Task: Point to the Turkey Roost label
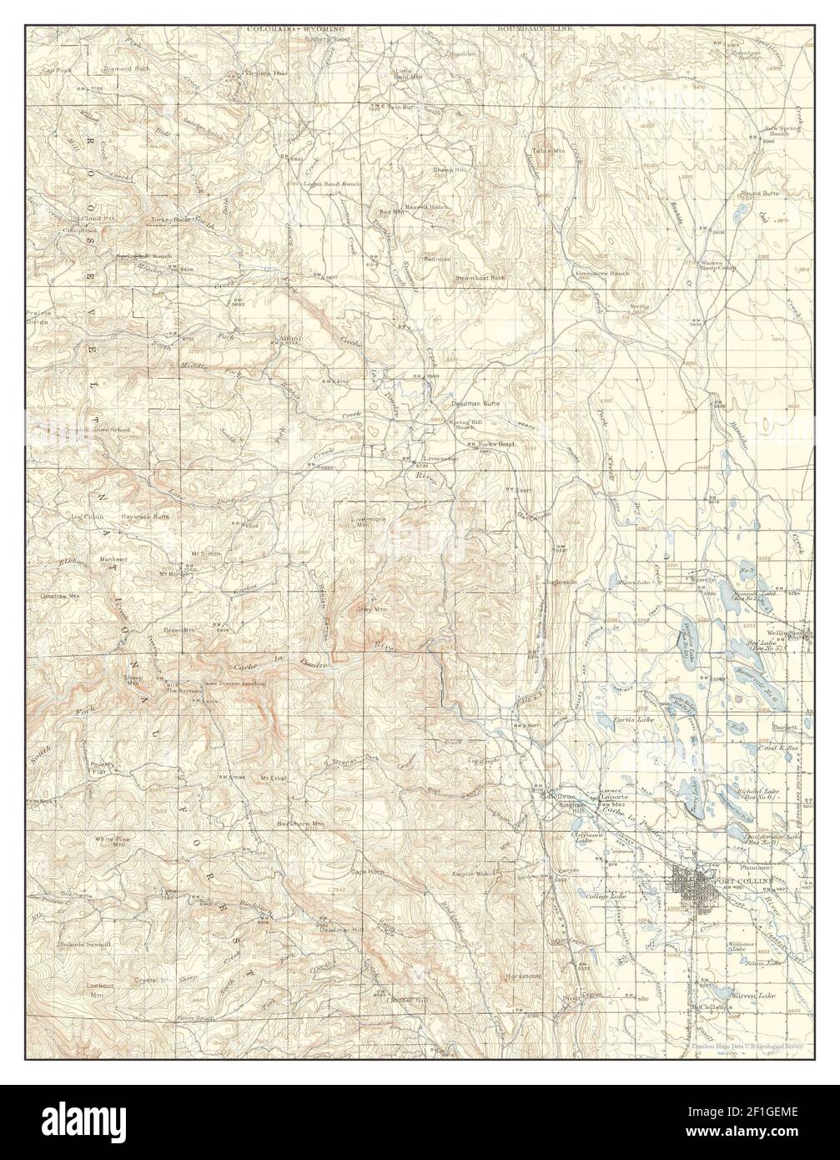coord(170,219)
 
